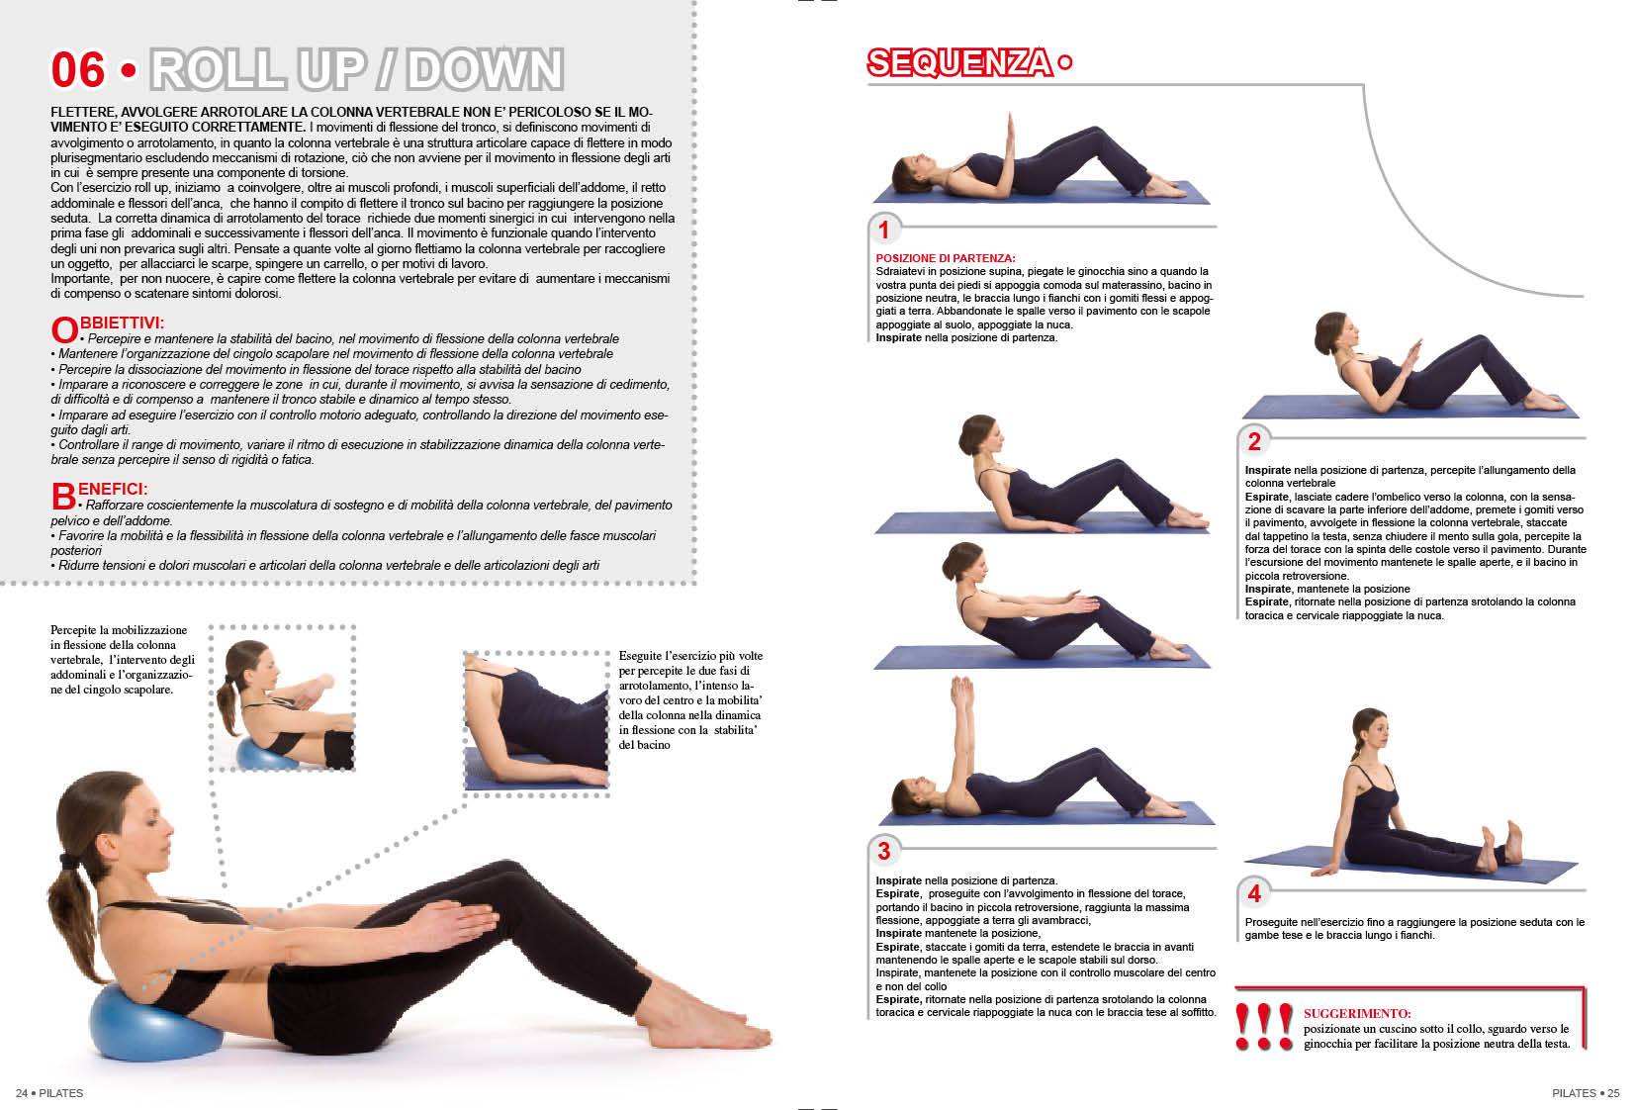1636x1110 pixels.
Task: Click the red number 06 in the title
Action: (x=77, y=70)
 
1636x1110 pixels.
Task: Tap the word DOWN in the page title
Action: (x=485, y=70)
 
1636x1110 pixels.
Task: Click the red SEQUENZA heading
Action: (x=959, y=62)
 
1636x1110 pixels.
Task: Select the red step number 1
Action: (x=883, y=231)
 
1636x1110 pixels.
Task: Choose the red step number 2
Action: (x=1254, y=442)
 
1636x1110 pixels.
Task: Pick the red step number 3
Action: (x=883, y=851)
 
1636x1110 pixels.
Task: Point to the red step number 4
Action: (x=1254, y=893)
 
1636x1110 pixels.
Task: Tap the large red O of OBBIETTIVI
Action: (x=64, y=330)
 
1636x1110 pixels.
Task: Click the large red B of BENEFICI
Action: (x=63, y=497)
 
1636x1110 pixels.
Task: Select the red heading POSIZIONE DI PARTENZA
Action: (x=945, y=258)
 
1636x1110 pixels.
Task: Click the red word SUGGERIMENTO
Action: (x=1357, y=1014)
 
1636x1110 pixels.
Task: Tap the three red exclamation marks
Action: (x=1263, y=1027)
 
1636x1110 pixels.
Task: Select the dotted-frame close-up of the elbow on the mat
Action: (x=537, y=723)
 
